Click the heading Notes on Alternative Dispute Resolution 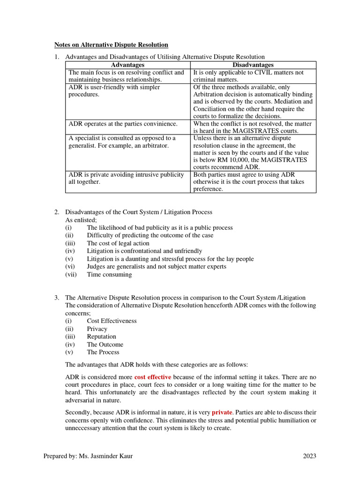tap(111, 45)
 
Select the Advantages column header tap(127, 65)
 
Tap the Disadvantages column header tap(253, 65)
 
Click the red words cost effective tap(152, 377)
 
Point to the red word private tap(222, 412)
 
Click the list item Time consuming tap(109, 275)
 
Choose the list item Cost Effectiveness tap(112, 321)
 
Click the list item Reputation tap(101, 337)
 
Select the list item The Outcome tap(105, 345)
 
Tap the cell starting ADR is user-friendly tap(127, 91)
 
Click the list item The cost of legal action tap(118, 243)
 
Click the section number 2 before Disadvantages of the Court tap(56, 212)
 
